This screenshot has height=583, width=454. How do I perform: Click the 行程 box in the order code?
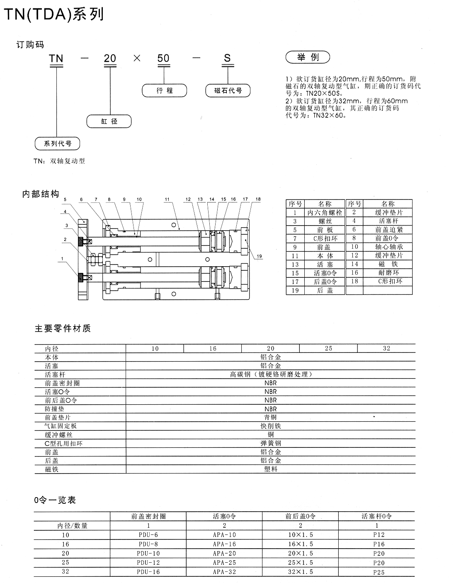point(164,90)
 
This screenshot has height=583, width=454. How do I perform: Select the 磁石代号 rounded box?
point(228,90)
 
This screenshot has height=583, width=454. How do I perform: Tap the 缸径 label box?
point(109,121)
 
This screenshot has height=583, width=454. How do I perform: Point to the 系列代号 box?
point(57,143)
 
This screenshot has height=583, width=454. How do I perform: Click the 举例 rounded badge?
point(308,57)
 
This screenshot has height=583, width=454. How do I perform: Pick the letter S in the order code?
point(227,58)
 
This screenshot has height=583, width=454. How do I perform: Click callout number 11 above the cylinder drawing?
point(167,199)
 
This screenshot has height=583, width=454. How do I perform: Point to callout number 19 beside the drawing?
point(259,256)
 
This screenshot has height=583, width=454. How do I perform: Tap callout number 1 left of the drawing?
point(62,259)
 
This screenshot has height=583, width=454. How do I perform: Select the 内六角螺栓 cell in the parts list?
point(325,212)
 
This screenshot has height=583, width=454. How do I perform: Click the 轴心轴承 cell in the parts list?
point(389,247)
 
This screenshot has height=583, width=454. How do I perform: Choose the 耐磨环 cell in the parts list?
point(389,272)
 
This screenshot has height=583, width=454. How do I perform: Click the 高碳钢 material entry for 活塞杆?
point(271,374)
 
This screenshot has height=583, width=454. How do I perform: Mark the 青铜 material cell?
point(270,417)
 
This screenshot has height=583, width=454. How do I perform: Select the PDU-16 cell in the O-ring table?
point(148,572)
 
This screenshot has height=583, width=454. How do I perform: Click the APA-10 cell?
point(224,535)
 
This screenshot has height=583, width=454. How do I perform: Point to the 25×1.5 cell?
point(300,562)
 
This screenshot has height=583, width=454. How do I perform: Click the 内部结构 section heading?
point(41,194)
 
